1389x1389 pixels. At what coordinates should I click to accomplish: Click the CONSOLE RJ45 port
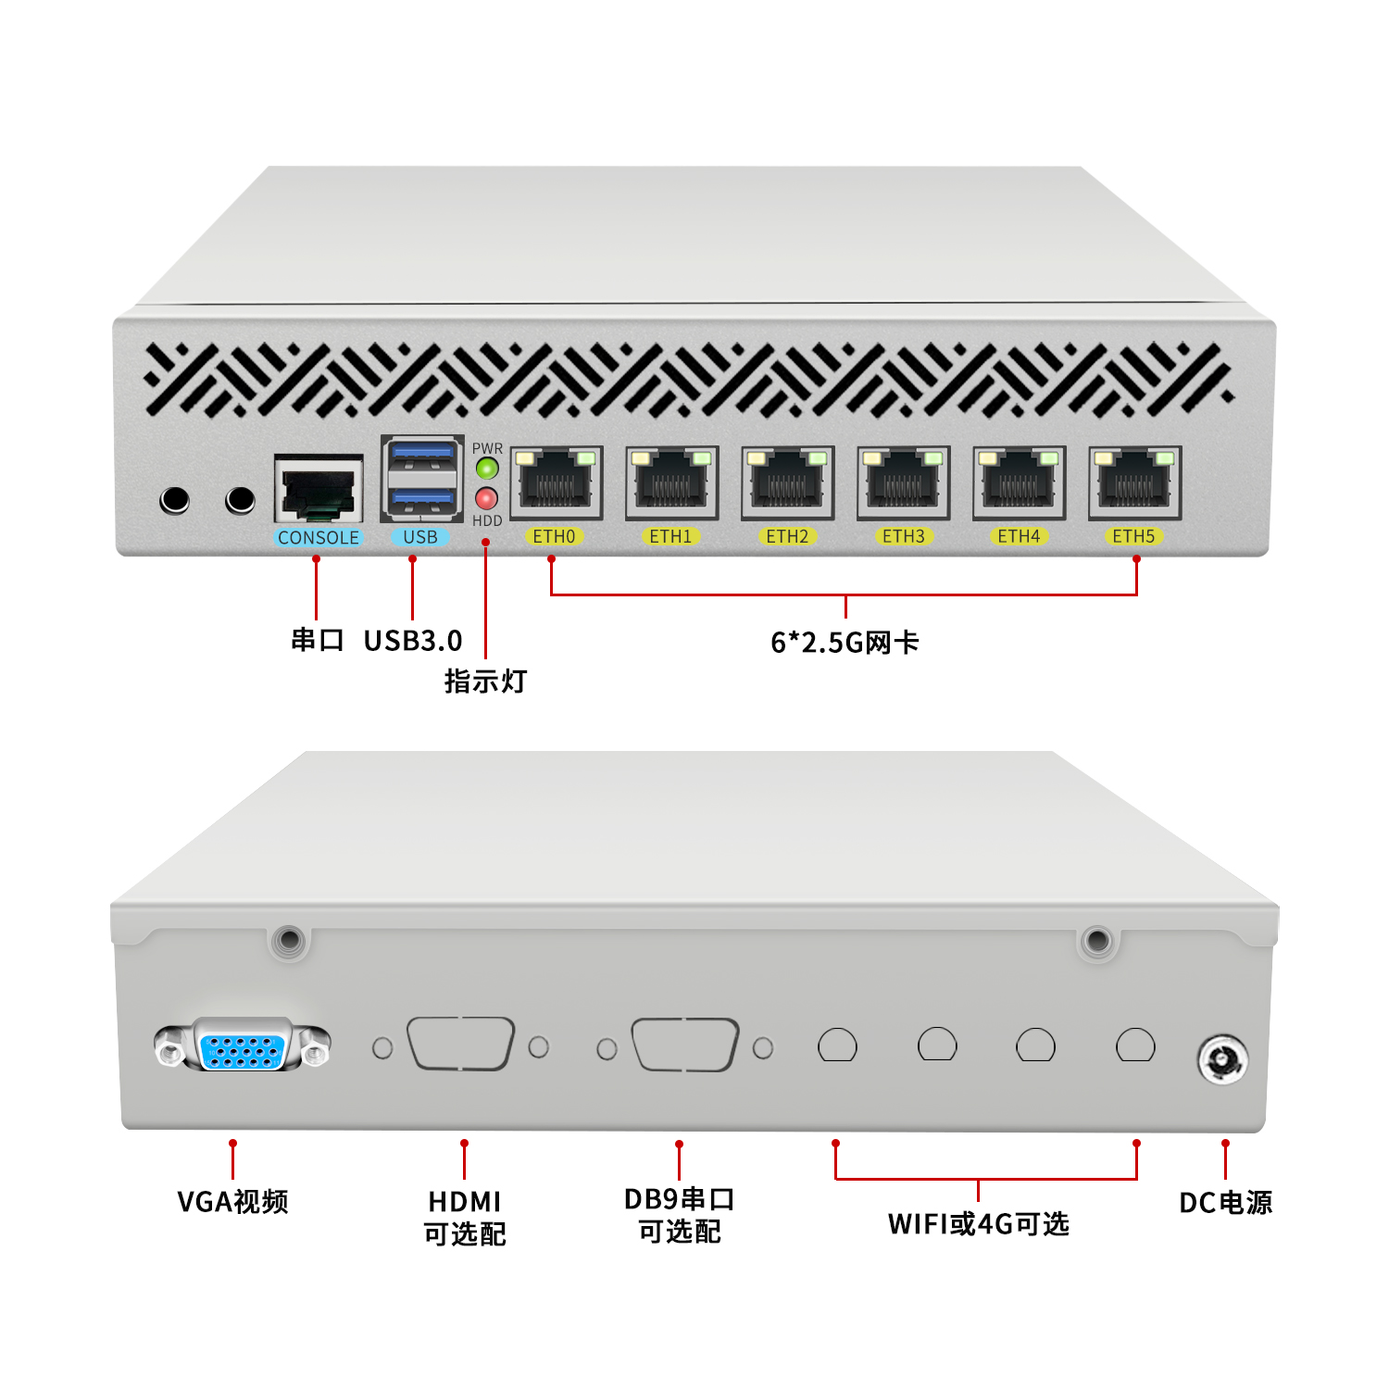(319, 488)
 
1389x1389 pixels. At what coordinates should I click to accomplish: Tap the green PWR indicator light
(487, 469)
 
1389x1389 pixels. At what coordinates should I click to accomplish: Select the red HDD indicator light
(487, 498)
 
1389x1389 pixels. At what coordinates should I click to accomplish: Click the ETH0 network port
(556, 482)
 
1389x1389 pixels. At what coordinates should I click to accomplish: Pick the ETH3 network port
(903, 482)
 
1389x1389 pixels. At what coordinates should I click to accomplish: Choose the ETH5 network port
(1134, 482)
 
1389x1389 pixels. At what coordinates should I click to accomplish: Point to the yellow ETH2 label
(787, 536)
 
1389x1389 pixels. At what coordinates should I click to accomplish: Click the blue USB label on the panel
(420, 537)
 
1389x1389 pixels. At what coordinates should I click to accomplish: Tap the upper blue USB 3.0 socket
(422, 455)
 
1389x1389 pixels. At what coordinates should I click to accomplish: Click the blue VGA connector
(242, 1047)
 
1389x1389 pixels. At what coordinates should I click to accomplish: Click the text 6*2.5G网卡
(845, 643)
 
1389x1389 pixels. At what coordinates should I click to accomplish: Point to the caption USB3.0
(413, 641)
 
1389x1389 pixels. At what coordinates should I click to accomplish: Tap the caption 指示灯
(485, 682)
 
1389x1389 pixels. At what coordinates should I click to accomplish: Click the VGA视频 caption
(233, 1202)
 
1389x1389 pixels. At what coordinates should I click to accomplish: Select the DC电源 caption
(1225, 1203)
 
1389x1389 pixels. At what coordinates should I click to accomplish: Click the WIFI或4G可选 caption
(979, 1224)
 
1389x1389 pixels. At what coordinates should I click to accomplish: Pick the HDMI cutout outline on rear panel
(460, 1045)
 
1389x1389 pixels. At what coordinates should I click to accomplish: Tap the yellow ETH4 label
(1019, 536)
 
